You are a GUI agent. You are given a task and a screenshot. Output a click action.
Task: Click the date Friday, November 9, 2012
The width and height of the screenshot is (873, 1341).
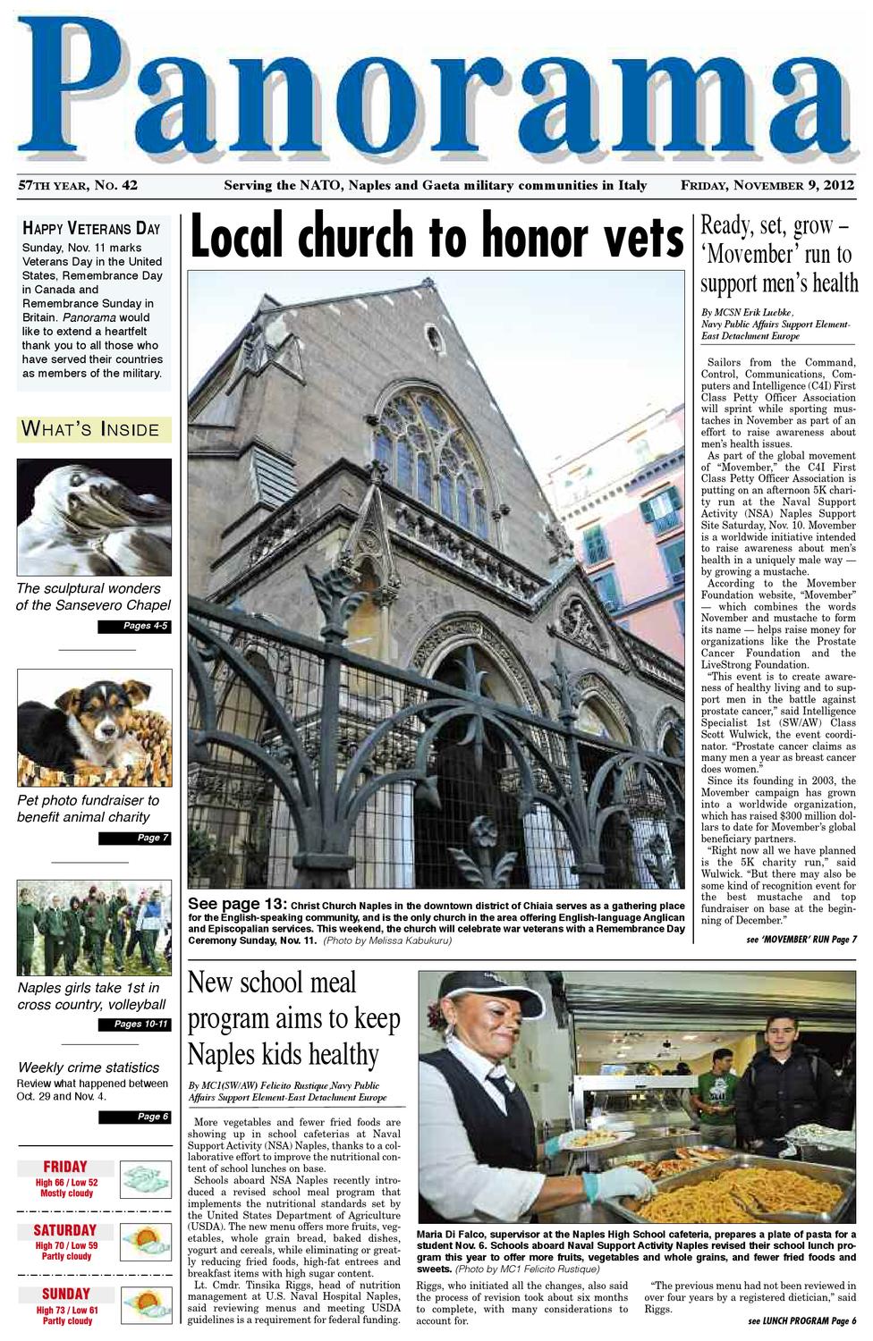coord(767,186)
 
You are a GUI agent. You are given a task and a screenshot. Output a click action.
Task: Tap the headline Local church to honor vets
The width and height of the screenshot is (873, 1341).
coord(436,239)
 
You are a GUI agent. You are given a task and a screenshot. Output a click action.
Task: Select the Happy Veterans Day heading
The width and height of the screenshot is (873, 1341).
coord(91,229)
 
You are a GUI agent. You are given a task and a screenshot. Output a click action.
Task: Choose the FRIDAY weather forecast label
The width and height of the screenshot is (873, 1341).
coord(65,1167)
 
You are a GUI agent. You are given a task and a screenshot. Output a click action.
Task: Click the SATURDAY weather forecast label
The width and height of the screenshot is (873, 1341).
coord(64,1230)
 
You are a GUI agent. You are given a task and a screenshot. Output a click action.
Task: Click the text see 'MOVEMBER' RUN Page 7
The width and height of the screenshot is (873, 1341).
coord(801,940)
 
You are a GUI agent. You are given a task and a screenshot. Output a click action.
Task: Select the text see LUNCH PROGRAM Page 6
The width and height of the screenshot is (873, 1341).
coord(801,1322)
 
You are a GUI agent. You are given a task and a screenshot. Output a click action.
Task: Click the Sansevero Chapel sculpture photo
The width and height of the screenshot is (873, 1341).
coord(94,517)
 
